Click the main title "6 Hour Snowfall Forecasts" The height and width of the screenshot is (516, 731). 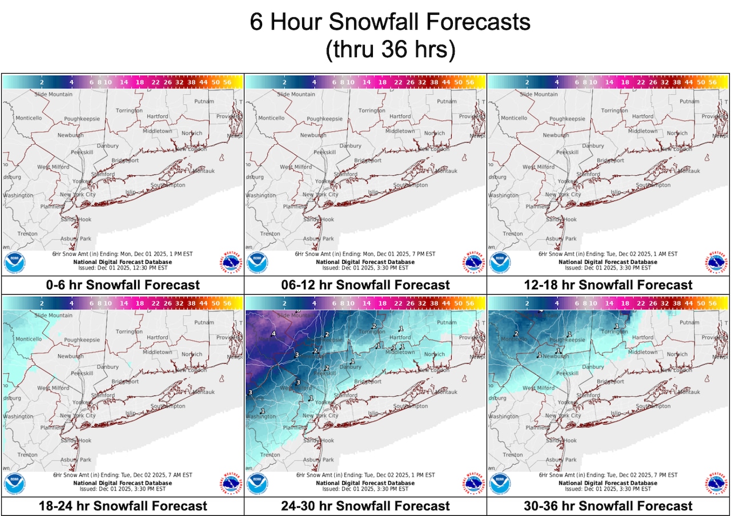[x=391, y=22]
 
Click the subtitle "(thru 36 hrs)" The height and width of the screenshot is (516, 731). [x=391, y=50]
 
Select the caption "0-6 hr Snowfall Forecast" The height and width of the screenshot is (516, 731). [x=123, y=285]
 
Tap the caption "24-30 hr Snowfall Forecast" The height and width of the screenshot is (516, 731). [x=365, y=506]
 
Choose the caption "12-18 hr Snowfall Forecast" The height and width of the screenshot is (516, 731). [x=608, y=285]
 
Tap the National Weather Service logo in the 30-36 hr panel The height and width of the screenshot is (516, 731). [x=717, y=484]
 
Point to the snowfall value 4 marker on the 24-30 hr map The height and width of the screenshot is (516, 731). [x=274, y=333]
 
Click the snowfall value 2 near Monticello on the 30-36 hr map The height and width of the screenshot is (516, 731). [x=516, y=334]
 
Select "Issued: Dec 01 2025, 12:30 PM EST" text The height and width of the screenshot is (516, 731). [x=123, y=267]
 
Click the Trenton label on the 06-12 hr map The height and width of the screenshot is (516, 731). [x=270, y=233]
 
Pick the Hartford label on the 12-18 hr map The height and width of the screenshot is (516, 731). [x=642, y=116]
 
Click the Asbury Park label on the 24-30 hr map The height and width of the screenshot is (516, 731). [x=318, y=459]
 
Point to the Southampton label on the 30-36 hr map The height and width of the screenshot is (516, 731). [x=653, y=406]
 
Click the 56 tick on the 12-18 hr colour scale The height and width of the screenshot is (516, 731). [x=712, y=82]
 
